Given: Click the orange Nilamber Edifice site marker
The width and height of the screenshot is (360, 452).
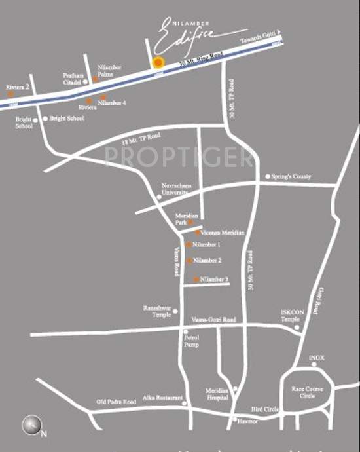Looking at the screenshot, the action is pos(157,63).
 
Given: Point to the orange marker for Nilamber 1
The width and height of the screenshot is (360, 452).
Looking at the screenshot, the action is pos(189,245).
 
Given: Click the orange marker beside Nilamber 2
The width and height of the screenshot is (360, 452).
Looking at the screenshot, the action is pos(190,261).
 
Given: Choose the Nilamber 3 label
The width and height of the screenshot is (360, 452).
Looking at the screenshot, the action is pos(214,280).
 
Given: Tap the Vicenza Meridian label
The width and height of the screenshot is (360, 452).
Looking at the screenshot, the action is pos(223,233).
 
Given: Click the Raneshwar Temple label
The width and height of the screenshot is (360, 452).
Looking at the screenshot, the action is pos(157,311).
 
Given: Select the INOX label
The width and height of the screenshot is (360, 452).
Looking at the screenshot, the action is pos(317,358).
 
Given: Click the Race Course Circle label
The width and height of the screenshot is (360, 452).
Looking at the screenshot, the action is pos(306,392).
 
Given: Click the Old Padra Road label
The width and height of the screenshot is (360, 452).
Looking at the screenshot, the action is pos(114,401).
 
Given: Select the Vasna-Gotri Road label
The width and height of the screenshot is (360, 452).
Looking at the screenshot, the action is pos(213,320).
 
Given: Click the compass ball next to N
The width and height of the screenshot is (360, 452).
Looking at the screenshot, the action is pos(31,425).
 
